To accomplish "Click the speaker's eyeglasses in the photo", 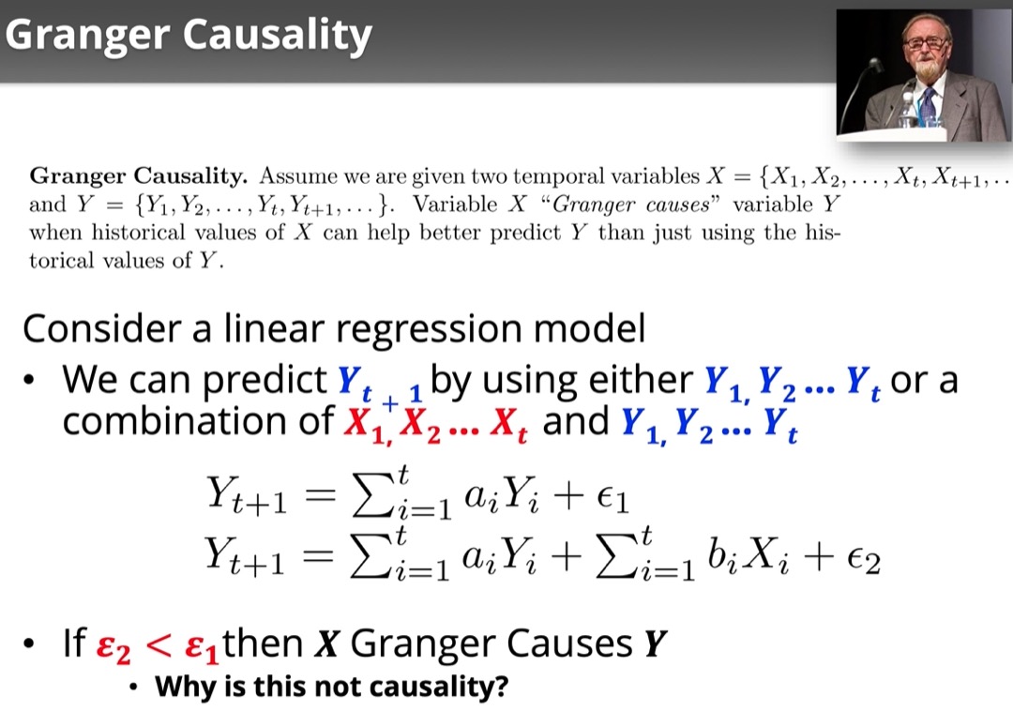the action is click(926, 42).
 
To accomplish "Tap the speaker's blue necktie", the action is click(929, 107).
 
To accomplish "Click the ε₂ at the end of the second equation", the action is click(863, 559).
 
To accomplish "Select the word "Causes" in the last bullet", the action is click(569, 643).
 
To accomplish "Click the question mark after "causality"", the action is click(501, 686).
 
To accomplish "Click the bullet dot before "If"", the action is click(28, 643).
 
